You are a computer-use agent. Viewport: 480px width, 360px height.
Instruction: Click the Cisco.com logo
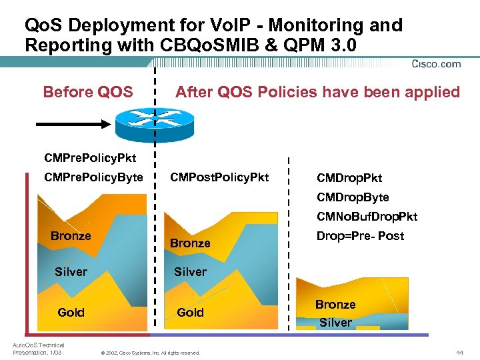436,65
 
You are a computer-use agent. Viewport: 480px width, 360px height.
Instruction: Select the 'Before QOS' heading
87,92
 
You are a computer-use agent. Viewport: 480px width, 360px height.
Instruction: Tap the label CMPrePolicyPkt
89,158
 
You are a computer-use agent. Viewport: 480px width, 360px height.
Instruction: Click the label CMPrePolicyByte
93,177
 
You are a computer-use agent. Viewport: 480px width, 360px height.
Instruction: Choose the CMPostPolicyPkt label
219,177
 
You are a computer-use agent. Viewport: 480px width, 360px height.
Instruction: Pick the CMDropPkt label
349,178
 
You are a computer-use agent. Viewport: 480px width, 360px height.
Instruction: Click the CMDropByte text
353,197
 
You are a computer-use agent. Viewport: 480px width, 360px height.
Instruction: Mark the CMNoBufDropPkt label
367,217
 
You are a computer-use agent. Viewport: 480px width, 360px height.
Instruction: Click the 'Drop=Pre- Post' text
360,236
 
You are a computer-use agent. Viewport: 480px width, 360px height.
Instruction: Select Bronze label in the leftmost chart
71,236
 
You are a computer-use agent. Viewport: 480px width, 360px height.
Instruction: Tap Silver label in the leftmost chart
71,271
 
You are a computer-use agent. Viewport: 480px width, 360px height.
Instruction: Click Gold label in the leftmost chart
71,312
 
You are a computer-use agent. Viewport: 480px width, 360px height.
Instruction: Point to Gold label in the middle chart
190,312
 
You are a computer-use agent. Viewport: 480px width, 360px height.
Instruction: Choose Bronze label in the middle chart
190,243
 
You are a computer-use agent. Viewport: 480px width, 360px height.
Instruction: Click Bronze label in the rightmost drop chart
335,305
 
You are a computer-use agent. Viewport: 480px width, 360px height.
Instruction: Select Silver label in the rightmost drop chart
335,323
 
